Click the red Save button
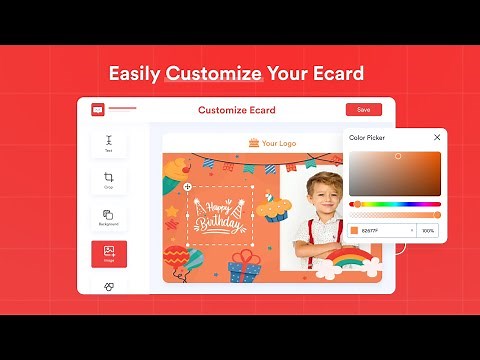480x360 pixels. tap(363, 110)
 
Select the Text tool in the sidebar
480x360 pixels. tap(109, 143)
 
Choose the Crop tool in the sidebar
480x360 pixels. tap(109, 181)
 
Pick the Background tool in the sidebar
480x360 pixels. tap(109, 217)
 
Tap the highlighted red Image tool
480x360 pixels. tap(109, 254)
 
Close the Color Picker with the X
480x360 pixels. tap(437, 137)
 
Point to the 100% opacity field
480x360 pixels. tap(429, 231)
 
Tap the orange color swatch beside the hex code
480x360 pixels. tap(354, 231)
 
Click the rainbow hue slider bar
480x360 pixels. tap(395, 204)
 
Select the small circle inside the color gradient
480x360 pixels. tap(398, 156)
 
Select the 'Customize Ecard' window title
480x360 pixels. tap(237, 110)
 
